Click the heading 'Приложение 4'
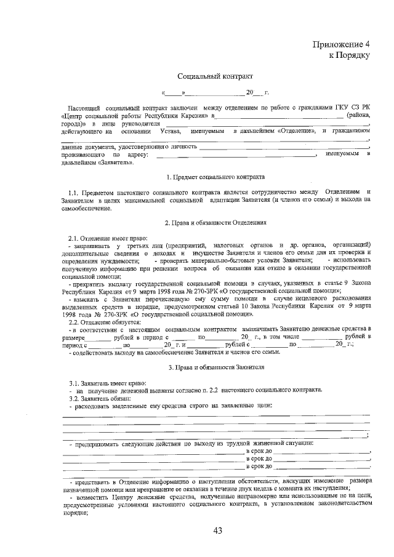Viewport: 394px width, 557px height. coord(341,45)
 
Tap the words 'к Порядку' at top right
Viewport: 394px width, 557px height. coord(349,55)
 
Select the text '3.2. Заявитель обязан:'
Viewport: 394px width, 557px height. coord(100,398)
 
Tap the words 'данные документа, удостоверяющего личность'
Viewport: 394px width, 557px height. coord(129,147)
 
